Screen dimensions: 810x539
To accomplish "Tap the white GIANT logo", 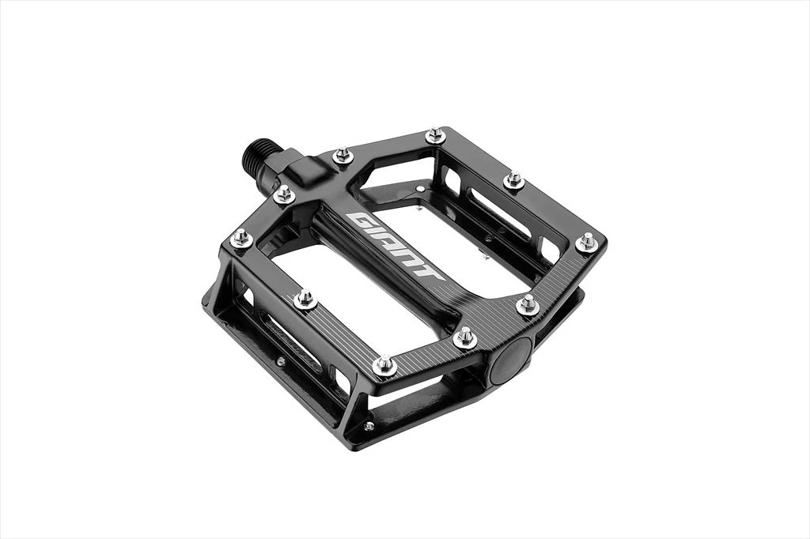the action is (x=396, y=246).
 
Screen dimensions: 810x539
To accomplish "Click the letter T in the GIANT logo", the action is (x=431, y=272).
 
